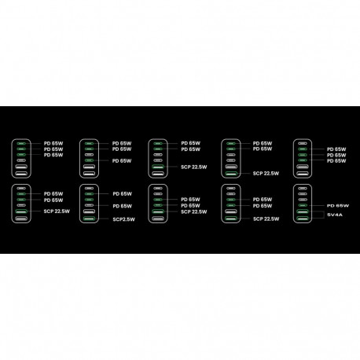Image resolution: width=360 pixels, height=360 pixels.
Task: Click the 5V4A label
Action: pos(335,215)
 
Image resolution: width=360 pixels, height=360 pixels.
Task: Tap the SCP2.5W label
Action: pos(124,219)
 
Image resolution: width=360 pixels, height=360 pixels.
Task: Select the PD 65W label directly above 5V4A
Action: pos(338,206)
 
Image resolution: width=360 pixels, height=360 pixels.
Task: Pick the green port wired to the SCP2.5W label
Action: pos(90,219)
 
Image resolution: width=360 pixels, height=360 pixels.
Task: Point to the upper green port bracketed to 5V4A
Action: pos(303,211)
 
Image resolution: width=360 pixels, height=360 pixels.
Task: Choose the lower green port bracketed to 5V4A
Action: pos(303,219)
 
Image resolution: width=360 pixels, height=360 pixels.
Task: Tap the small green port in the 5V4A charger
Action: pos(303,205)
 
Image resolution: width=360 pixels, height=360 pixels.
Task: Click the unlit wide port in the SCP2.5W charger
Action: pos(90,211)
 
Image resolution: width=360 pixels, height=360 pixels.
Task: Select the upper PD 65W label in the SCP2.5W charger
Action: pos(123,194)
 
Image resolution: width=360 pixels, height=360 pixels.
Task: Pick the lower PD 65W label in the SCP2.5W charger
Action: pos(123,206)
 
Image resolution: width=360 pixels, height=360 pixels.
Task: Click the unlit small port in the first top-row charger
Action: pos(21,160)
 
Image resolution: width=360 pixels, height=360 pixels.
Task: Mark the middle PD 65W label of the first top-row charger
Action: pos(53,149)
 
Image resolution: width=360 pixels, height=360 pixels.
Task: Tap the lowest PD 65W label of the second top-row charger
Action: pos(122,161)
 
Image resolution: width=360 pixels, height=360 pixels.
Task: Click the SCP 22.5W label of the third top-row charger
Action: pos(194,167)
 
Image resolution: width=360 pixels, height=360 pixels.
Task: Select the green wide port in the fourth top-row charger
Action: pos(231,173)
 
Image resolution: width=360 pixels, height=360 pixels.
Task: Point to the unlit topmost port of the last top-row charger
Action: pos(303,143)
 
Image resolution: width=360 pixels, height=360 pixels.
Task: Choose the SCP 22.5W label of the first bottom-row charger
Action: pos(57,211)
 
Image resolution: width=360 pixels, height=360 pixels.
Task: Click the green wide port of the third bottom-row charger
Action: pos(158,211)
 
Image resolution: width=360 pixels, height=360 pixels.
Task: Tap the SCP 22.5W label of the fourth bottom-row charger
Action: pos(266,219)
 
